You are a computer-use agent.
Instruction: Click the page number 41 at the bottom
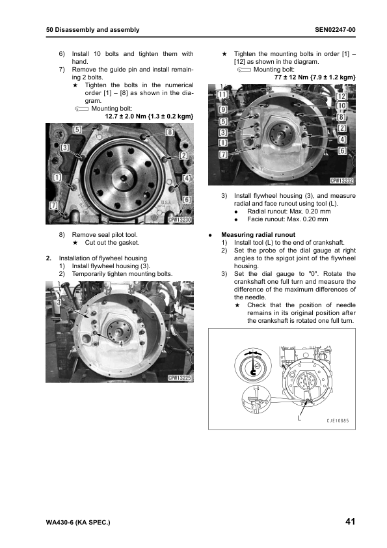tap(351, 521)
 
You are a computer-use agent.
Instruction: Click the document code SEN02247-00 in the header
tap(335, 30)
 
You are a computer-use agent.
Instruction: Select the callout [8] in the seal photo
tap(170, 132)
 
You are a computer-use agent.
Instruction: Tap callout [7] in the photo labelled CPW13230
tap(53, 206)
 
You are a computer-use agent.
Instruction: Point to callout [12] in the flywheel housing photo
tap(341, 96)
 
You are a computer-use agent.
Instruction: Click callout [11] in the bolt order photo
tap(222, 94)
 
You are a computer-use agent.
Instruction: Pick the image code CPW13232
tap(342, 181)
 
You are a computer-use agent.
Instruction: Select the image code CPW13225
tap(180, 377)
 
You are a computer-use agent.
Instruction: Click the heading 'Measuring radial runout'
tap(258, 235)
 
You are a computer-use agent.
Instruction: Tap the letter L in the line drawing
tap(299, 418)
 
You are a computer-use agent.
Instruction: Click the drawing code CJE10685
tap(338, 421)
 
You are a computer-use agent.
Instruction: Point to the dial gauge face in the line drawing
tap(252, 366)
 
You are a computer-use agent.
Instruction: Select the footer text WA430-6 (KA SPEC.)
tap(78, 523)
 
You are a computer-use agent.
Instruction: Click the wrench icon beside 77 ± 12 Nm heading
tap(244, 70)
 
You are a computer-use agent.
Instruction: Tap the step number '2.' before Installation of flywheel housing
tap(49, 258)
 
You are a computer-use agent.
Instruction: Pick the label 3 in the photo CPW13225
tap(59, 302)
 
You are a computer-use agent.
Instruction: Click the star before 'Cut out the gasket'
tap(75, 243)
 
